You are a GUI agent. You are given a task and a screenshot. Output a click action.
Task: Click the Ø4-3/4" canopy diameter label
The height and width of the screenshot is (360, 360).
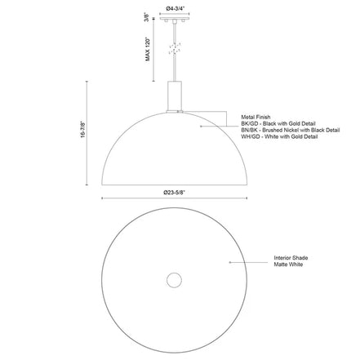175,8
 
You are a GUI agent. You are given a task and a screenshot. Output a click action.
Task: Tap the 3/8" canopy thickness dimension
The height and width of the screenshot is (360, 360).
147,16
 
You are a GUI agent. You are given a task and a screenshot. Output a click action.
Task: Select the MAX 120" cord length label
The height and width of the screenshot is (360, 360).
148,49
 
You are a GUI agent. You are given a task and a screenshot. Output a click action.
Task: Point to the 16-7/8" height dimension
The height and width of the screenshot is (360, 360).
82,130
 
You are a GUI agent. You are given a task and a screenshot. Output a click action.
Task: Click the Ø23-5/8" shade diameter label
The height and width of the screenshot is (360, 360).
174,193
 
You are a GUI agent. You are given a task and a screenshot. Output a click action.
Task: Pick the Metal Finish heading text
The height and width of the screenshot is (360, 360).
256,117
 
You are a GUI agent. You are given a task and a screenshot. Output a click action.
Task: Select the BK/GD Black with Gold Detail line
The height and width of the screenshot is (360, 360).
278,124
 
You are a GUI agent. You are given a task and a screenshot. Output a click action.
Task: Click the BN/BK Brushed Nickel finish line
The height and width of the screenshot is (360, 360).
291,130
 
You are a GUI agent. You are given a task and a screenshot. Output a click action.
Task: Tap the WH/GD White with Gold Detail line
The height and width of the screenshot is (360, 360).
279,136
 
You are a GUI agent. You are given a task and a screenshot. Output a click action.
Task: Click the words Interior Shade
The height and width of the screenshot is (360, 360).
291,258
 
